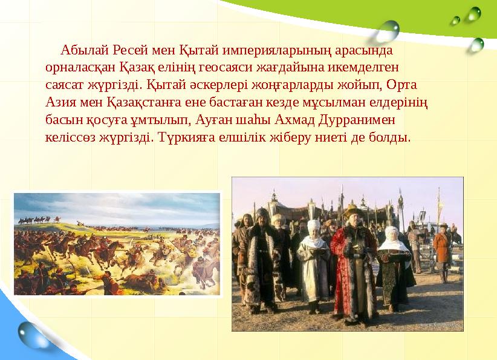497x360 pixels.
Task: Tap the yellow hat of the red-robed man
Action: [351, 211]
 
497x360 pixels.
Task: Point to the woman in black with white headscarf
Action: [394, 266]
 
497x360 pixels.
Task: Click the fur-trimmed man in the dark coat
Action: [262, 260]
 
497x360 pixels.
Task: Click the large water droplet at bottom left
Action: [31, 335]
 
